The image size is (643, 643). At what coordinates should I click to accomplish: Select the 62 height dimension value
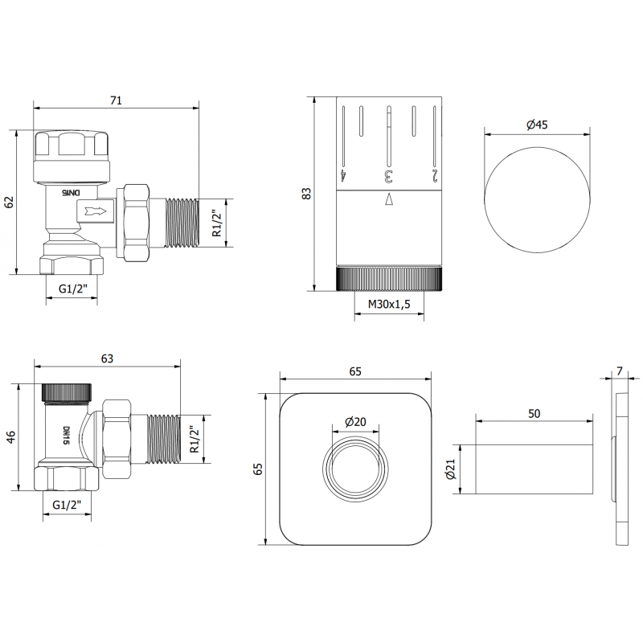[x=10, y=203]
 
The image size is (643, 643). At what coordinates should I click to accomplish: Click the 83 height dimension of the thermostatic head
[x=306, y=194]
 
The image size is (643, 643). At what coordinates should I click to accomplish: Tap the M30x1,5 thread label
[x=388, y=304]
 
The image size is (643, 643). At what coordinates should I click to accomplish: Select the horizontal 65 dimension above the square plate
[x=355, y=371]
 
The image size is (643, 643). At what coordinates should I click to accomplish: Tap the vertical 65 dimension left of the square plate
[x=258, y=469]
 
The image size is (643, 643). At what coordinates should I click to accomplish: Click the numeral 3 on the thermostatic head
[x=388, y=174]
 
